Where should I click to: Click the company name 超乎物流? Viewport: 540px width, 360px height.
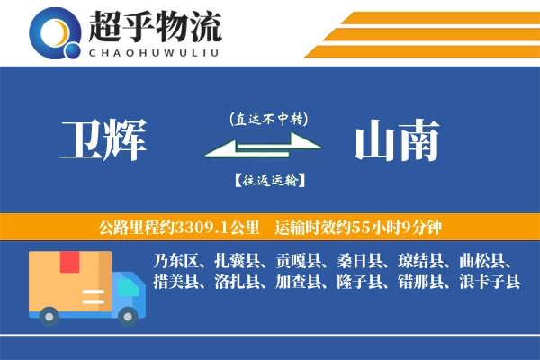[154, 28]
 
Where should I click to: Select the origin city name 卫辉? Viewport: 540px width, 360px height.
[103, 141]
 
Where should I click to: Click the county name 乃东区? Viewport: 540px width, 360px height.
[173, 261]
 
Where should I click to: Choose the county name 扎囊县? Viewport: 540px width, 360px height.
[237, 261]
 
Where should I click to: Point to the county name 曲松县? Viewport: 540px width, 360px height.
[484, 261]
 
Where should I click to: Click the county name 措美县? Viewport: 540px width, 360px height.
[173, 282]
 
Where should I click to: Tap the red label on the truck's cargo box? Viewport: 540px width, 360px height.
[69, 263]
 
